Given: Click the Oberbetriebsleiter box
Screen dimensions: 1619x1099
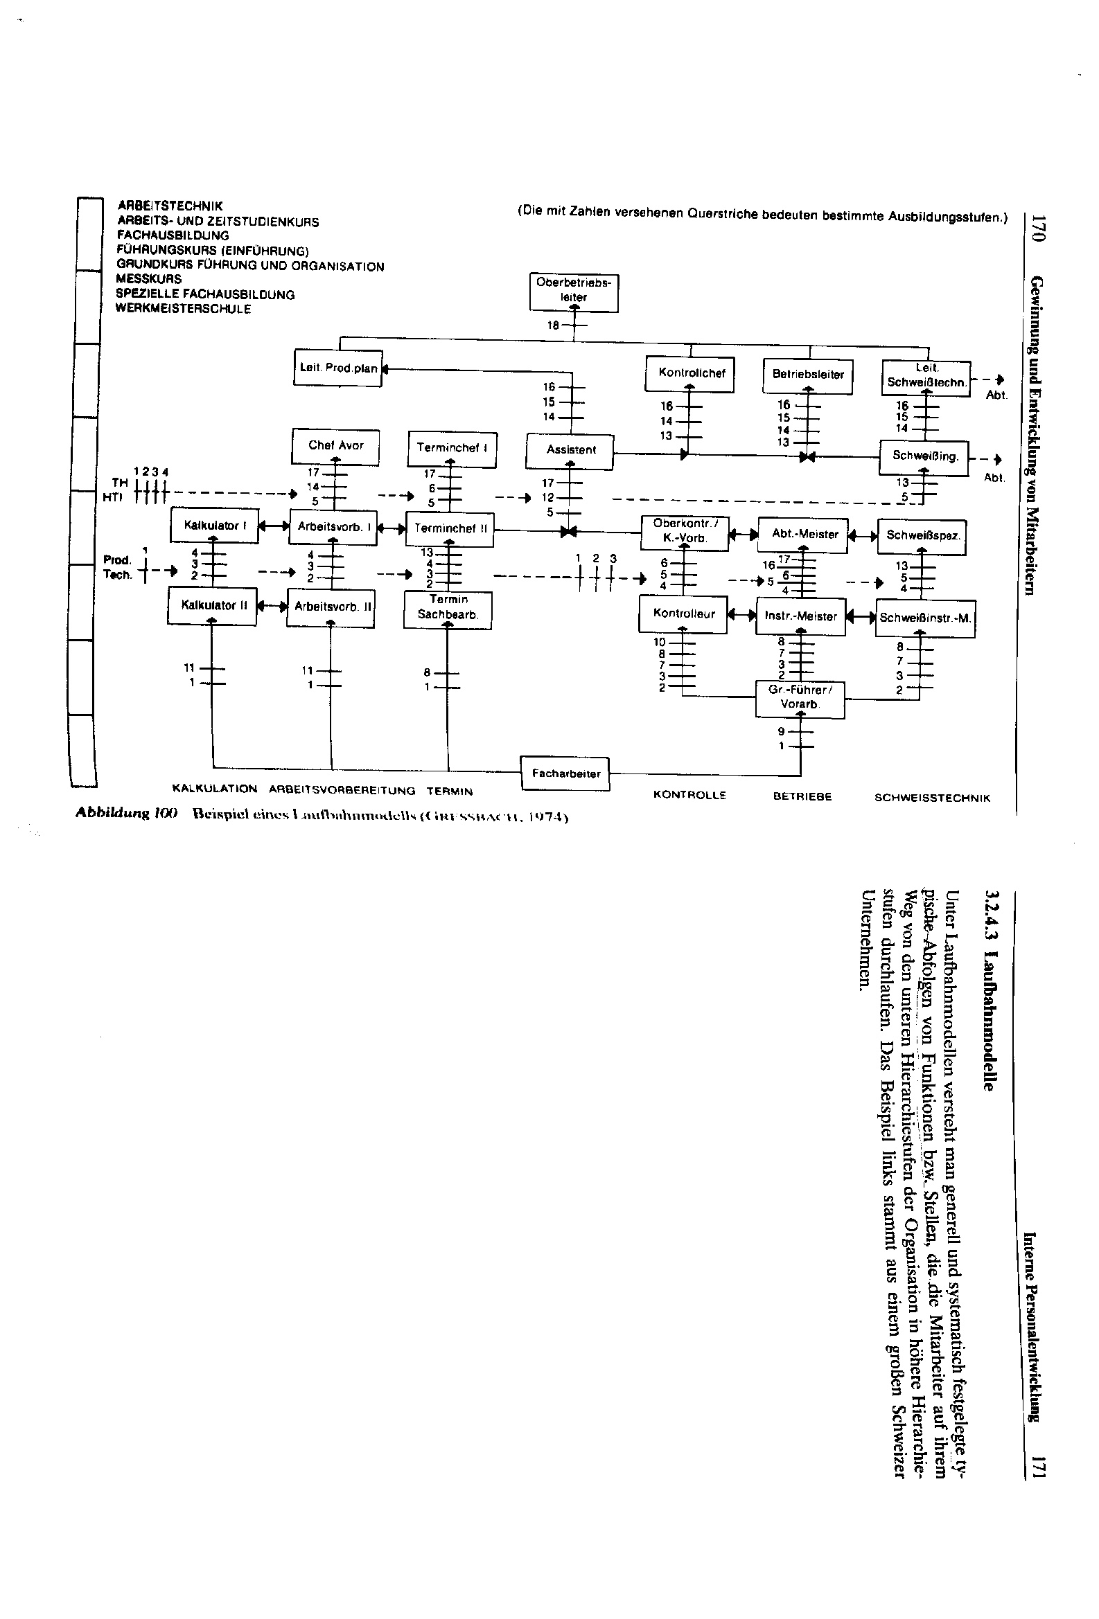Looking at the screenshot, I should pos(573,292).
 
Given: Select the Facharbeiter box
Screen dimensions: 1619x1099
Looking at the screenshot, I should pos(565,773).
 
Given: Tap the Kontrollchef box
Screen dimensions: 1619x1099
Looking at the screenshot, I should pos(692,373).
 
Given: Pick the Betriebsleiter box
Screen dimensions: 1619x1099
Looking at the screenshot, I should pos(808,375).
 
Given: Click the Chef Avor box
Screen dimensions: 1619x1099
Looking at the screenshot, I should pos(335,446).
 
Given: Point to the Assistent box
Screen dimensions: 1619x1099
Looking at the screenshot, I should pos(570,450).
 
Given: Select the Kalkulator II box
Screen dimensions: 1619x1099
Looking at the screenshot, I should pos(213,605).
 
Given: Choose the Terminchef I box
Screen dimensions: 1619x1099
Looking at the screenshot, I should pos(452,448).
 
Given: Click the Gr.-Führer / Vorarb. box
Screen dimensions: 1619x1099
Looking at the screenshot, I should pos(800,697).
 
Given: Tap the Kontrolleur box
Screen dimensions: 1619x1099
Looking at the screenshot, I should pos(683,614).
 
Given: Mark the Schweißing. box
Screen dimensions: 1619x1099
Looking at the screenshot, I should pos(925,457).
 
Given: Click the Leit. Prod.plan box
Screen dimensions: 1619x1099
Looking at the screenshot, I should pos(337,368).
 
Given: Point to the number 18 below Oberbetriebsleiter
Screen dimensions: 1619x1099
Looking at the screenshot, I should pos(554,325).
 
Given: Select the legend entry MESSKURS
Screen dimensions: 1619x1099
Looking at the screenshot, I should pos(149,279).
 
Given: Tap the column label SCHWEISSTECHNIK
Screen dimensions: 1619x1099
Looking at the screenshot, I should pos(932,798).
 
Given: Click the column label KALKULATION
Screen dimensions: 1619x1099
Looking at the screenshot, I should pos(214,789).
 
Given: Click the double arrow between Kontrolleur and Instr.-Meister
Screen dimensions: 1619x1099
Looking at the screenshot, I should pos(741,615).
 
